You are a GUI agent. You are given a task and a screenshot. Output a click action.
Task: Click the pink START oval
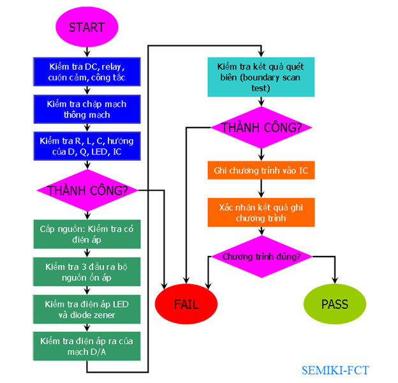coord(86,27)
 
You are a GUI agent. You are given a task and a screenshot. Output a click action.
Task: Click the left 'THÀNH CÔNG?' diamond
coord(87,190)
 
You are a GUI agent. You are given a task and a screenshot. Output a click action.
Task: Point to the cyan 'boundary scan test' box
coord(261,78)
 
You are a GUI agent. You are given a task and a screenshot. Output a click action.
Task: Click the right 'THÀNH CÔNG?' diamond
coord(261,128)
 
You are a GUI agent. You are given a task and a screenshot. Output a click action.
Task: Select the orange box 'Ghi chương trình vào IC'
coord(261,172)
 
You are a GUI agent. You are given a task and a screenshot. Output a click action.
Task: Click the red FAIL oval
coord(187,304)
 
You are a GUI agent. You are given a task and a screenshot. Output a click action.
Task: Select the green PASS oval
coord(335,304)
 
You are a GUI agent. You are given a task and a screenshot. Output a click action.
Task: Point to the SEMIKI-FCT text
coord(335,370)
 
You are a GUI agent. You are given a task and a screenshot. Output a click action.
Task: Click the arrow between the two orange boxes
coord(261,190)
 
